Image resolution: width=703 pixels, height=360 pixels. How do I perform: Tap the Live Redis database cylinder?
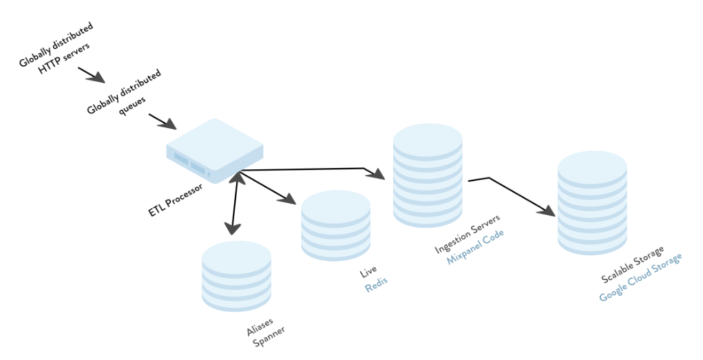[336, 226]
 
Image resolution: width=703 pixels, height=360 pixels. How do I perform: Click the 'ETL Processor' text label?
[176, 200]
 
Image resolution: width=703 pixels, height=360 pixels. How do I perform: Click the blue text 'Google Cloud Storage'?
[640, 277]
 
